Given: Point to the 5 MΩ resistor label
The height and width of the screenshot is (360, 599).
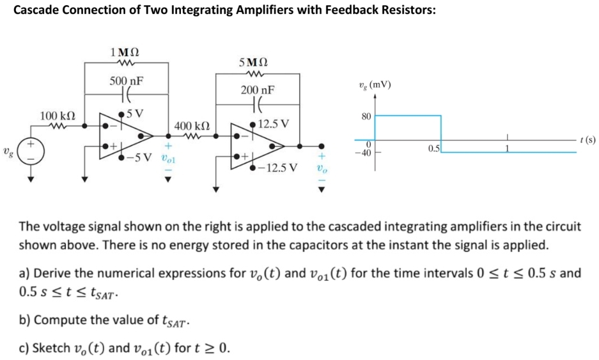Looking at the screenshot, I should (x=254, y=63).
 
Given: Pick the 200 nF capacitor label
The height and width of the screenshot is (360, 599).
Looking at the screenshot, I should (x=258, y=91).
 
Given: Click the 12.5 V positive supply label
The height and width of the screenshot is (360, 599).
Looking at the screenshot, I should (x=276, y=123).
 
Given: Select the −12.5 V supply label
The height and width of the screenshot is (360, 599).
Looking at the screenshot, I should (x=276, y=168).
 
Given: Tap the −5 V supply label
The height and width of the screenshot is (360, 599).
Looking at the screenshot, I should (x=140, y=157).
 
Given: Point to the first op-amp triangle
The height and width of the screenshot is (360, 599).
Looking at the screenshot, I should (x=125, y=136).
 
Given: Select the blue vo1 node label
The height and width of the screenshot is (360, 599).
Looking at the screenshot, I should (x=167, y=157).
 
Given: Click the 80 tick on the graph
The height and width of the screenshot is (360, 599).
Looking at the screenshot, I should (x=366, y=116).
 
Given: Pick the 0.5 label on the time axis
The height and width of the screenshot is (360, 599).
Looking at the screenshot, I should (x=433, y=149).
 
